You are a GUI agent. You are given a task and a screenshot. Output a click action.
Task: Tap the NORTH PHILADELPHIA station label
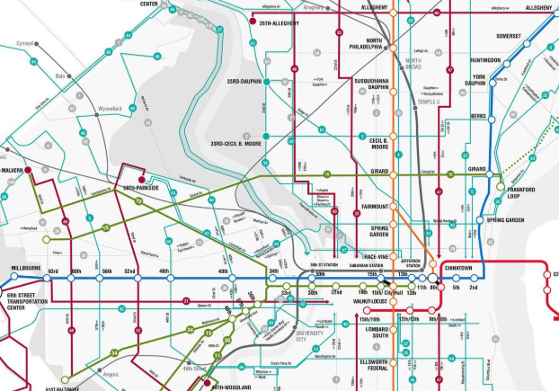click(368, 45)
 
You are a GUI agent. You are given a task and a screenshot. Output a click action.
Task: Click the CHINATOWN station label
click(458, 267)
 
